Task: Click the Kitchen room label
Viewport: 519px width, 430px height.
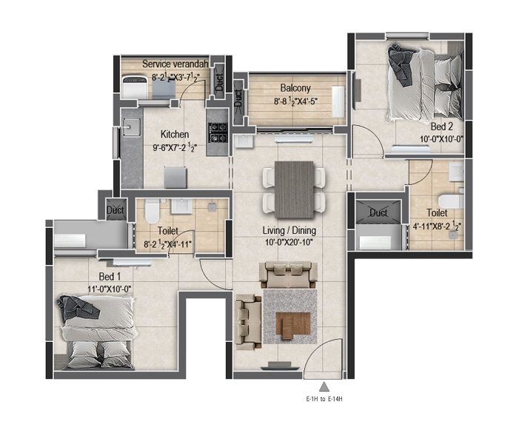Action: (x=175, y=134)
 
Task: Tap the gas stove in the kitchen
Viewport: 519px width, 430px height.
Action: (x=218, y=132)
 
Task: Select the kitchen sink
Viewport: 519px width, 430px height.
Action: (x=131, y=127)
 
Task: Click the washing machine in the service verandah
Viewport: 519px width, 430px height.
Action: (x=135, y=87)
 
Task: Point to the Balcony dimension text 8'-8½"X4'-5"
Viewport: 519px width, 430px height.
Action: (x=296, y=101)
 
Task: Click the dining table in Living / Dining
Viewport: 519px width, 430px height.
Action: (x=294, y=189)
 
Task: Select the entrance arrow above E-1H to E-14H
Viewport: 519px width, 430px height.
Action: (x=324, y=387)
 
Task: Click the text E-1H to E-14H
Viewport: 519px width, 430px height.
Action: (x=324, y=399)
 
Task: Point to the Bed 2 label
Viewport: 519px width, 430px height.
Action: (x=441, y=127)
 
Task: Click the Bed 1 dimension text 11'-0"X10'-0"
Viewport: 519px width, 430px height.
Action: (x=110, y=289)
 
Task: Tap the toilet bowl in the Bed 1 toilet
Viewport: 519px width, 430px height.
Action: (x=152, y=211)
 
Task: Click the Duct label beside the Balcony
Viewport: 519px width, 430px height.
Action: (x=238, y=98)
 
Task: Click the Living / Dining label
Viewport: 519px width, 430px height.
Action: (x=289, y=230)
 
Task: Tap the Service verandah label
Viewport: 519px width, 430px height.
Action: (x=175, y=64)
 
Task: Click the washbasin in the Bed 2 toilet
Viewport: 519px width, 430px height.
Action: (x=457, y=172)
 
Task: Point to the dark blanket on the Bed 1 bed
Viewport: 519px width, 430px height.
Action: (x=78, y=309)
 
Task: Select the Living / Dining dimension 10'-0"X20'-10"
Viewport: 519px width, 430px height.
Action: (x=289, y=243)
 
